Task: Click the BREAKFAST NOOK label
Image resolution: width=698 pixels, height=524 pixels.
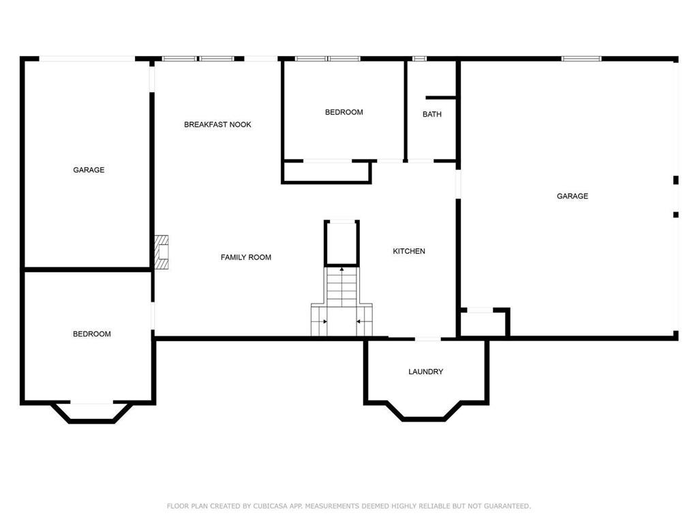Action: (217, 125)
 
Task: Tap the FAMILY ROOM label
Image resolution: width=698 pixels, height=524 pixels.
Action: (245, 257)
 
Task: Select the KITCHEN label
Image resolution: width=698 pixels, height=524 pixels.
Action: (409, 251)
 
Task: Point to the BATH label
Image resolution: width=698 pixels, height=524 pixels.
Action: (431, 115)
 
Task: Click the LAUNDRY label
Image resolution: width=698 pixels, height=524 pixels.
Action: (425, 372)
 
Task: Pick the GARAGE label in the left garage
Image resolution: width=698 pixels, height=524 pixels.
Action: (89, 170)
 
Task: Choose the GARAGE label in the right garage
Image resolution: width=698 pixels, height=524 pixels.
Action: (572, 196)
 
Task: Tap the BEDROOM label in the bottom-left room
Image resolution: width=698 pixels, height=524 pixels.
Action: (92, 334)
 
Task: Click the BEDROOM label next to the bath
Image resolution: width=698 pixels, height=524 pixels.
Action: (344, 113)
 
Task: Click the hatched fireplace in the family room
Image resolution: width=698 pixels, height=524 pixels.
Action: (161, 252)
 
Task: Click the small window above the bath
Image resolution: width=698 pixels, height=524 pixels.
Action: (419, 59)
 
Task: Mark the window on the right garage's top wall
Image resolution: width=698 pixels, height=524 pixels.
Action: (581, 59)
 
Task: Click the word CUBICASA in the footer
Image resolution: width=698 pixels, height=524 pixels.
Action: (270, 506)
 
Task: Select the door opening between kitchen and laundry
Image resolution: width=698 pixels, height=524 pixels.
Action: (428, 339)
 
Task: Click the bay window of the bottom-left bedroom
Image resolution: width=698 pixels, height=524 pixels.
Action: (92, 413)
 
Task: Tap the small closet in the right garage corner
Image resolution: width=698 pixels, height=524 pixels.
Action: (483, 323)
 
